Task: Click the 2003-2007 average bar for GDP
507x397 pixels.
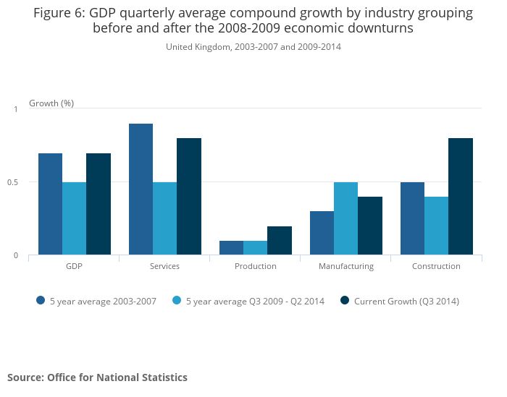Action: [x=50, y=204]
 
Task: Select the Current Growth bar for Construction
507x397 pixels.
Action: [x=461, y=197]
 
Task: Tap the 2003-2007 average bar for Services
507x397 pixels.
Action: [x=141, y=189]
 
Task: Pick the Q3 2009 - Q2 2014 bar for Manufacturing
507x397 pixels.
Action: [x=345, y=218]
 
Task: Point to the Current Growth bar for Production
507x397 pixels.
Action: [x=280, y=241]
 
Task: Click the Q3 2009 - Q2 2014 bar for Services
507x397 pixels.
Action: [x=164, y=218]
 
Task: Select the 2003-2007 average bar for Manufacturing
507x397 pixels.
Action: [x=322, y=233]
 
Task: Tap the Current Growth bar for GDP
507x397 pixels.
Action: [x=99, y=204]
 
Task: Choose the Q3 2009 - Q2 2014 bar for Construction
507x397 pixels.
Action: [x=436, y=226]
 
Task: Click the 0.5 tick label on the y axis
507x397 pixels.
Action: [x=13, y=182]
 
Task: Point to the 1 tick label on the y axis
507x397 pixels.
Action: [x=15, y=109]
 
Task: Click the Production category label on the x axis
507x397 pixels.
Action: [x=255, y=266]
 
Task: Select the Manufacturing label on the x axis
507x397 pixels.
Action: [x=346, y=266]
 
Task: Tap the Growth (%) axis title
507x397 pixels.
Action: [x=51, y=103]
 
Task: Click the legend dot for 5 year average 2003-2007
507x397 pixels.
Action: [x=41, y=301]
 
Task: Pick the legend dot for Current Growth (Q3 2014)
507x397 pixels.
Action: [x=345, y=301]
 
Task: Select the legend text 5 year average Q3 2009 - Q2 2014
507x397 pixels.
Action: [x=255, y=301]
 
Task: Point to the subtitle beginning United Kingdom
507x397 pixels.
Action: [x=253, y=47]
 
